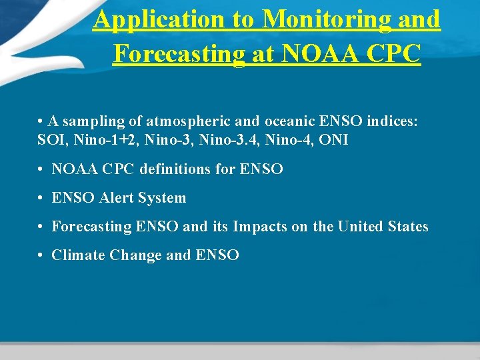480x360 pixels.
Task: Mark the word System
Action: point(164,198)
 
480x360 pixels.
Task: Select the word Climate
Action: point(77,255)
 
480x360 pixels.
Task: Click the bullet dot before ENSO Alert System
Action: point(41,199)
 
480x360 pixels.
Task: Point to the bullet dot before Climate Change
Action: point(41,256)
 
